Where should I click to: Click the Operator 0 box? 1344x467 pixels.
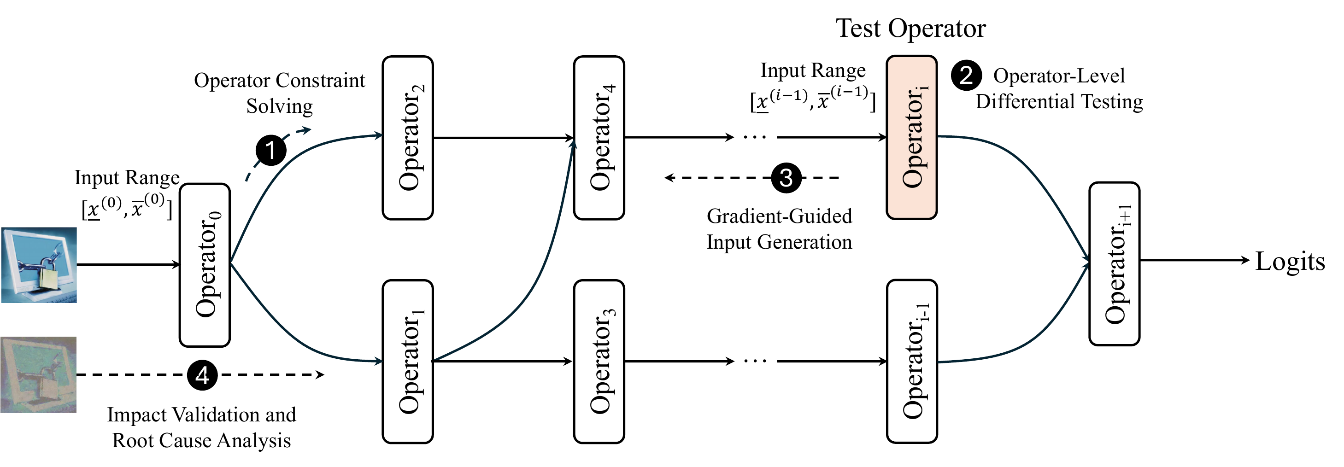click(205, 265)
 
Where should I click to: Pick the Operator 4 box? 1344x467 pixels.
click(599, 138)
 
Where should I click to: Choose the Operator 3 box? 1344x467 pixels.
click(599, 362)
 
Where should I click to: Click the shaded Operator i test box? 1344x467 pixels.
click(912, 137)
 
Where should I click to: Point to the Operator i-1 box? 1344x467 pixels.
click(912, 361)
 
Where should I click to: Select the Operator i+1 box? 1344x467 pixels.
click(1115, 263)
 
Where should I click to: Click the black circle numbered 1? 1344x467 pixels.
click(271, 150)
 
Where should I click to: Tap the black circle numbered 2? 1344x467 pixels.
click(966, 76)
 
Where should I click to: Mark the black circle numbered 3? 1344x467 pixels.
click(786, 177)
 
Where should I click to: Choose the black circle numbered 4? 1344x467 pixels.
click(202, 374)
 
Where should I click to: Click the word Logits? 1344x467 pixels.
click(1290, 261)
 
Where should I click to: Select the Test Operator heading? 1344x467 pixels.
click(911, 28)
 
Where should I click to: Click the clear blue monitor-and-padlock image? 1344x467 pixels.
click(39, 265)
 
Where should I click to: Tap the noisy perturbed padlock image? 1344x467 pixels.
click(39, 374)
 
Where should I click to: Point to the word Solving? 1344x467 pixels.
click(280, 106)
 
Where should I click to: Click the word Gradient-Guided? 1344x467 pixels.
click(780, 216)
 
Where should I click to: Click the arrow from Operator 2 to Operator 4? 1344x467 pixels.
click(504, 138)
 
